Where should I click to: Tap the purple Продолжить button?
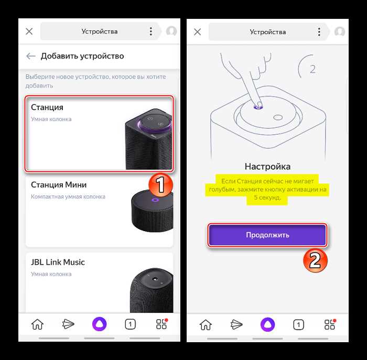point(267,235)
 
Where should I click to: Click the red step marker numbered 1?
point(160,185)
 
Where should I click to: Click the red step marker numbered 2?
point(315,260)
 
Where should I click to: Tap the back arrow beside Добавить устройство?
point(30,56)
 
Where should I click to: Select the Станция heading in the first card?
point(47,107)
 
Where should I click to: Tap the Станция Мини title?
point(59,185)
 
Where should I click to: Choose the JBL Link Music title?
point(58,262)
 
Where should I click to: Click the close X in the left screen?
point(29,31)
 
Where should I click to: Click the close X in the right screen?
point(198,32)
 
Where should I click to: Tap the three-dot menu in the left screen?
point(151,31)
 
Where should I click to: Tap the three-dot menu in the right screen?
point(319,32)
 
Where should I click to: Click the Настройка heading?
point(267,167)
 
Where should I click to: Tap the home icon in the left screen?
point(37,324)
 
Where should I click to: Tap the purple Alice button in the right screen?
point(267,325)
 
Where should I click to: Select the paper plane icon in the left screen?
point(68,324)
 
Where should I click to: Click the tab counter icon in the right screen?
point(298,325)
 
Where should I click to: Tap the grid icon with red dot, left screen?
point(161,324)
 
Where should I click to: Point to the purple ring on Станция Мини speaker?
point(155,200)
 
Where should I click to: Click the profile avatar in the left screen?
point(171,31)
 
